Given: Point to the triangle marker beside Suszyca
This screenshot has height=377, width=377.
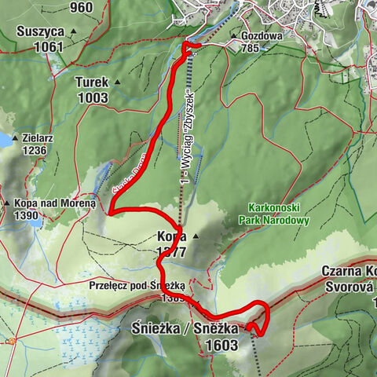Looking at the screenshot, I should point(74,32).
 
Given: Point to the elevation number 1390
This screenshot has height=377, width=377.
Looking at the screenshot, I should point(27,215).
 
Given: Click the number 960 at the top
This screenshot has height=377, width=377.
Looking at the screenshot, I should point(81,8).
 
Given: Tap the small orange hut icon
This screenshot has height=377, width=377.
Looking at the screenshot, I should point(12,341).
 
